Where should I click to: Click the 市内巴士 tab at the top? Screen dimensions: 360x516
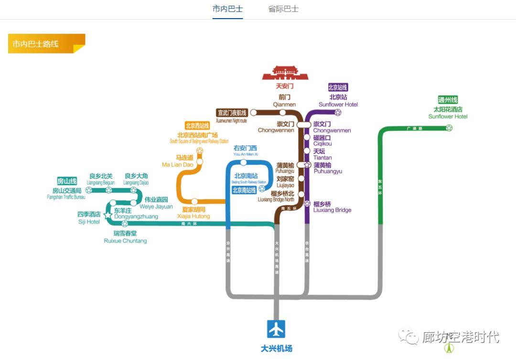click(227, 9)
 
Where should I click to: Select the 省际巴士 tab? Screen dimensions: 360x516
click(283, 9)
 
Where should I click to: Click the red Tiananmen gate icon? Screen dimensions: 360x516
click(285, 73)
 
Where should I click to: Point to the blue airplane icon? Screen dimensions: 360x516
click(276, 329)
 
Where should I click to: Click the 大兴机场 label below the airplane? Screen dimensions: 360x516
click(276, 349)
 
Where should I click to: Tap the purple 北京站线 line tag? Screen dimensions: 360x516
click(338, 87)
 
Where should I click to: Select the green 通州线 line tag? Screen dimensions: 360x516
click(448, 100)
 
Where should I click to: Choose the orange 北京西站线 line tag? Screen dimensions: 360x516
click(197, 126)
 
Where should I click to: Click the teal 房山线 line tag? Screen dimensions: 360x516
click(67, 181)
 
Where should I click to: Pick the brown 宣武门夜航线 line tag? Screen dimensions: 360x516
click(232, 113)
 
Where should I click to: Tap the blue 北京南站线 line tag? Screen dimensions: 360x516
click(244, 190)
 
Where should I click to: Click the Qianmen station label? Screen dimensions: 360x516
click(284, 101)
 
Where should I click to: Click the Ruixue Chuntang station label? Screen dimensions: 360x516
click(125, 237)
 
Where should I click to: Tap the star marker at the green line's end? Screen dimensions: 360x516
click(449, 128)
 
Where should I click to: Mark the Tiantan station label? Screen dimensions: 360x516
click(322, 154)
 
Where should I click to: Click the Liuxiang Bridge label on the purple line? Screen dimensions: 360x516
click(332, 207)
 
